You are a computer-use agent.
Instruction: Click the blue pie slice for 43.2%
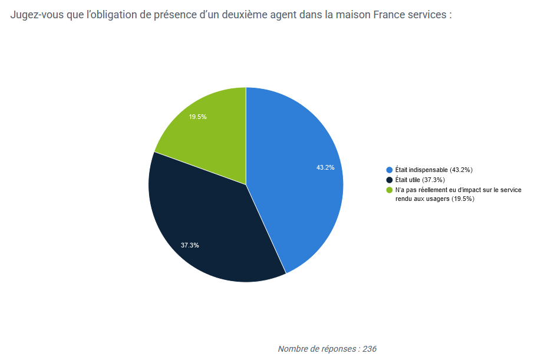295,177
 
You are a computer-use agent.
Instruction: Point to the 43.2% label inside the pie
325,167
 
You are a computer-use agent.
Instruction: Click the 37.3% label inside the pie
190,245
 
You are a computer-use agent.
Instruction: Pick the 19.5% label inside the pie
197,117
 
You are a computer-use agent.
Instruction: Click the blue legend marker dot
389,170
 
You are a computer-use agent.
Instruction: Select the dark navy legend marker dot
389,180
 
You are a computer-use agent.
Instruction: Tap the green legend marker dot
389,190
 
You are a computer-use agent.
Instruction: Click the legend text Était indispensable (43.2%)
434,170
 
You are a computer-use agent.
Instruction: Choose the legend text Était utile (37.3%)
420,180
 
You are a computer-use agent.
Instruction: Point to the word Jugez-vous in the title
37,14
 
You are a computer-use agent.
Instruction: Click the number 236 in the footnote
369,349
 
